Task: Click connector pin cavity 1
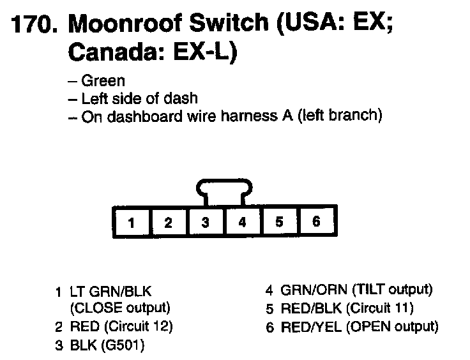(x=131, y=223)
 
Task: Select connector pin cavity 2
(x=168, y=223)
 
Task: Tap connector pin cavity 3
(x=205, y=223)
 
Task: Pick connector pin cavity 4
(x=242, y=223)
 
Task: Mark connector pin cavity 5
(x=279, y=223)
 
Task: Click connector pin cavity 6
(x=316, y=222)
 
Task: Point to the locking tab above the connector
(x=224, y=190)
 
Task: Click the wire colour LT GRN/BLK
(x=111, y=292)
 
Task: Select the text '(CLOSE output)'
(x=120, y=308)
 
